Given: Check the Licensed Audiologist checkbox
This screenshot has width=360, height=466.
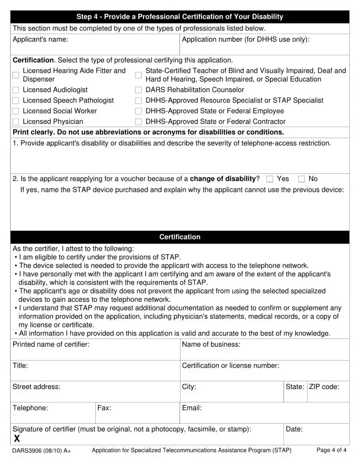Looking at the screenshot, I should (16, 90).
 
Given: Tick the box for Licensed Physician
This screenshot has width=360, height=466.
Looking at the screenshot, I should (16, 122).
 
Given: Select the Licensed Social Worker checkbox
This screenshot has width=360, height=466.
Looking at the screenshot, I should (16, 111).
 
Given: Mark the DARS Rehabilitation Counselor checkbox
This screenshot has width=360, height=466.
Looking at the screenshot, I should (139, 90).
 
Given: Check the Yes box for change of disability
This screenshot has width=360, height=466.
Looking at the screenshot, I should (270, 179).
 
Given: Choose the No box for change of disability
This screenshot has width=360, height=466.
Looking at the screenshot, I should (302, 179).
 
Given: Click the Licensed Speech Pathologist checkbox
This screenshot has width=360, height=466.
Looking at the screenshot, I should (16, 101).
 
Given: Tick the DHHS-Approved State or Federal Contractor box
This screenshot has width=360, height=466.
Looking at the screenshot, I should (139, 122).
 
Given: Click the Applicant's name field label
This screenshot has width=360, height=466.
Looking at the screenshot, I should (40, 40).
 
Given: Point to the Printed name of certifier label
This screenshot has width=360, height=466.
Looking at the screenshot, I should (51, 344).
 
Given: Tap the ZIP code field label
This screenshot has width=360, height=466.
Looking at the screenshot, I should (324, 387).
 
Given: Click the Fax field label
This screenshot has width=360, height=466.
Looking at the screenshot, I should (104, 408).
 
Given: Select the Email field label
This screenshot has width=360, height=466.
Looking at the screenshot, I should (191, 408).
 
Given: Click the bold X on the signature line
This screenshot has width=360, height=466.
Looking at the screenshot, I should (17, 438).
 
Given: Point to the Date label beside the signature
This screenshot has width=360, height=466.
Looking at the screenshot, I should (294, 429).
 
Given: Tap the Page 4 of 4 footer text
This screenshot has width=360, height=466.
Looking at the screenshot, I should (331, 450).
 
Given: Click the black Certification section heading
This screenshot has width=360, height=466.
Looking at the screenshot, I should (180, 237).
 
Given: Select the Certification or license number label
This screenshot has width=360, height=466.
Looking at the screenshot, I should (230, 365).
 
